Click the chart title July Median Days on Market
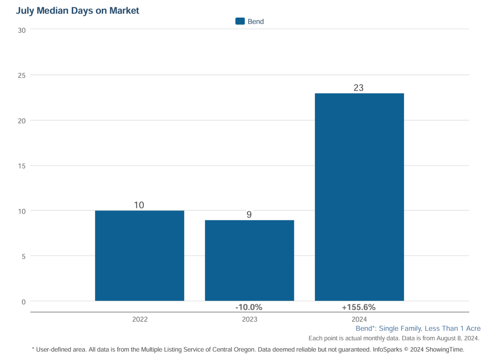[77, 11]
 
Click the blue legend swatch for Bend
[240, 21]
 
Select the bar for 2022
[140, 256]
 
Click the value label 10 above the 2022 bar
[139, 205]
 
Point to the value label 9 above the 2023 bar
[249, 214]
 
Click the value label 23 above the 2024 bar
[358, 88]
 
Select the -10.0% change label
[249, 307]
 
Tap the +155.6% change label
[358, 307]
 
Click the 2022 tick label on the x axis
[140, 319]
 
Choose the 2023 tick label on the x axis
[250, 319]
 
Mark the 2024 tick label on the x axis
[359, 319]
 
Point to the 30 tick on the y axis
[22, 30]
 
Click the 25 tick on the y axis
[22, 75]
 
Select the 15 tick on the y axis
[22, 166]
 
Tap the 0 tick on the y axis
[24, 302]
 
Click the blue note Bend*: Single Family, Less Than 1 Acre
[418, 328]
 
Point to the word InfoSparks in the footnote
[387, 349]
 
